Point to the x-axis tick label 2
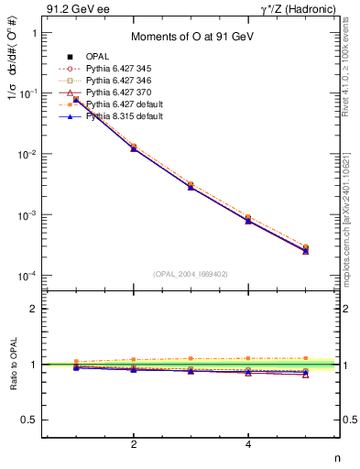(x=134, y=445)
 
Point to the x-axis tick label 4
(x=248, y=445)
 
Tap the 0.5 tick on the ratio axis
(x=30, y=420)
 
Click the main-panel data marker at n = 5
(x=305, y=249)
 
